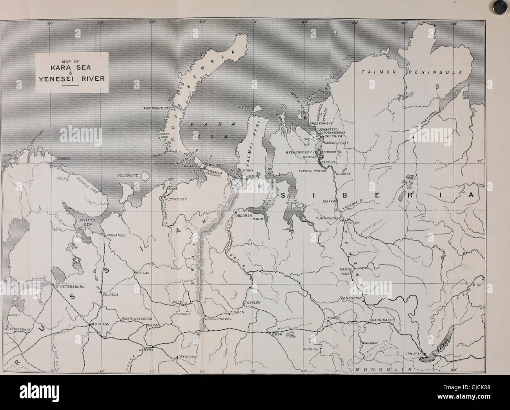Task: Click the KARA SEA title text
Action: point(72,67)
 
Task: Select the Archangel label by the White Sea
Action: point(115,235)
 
